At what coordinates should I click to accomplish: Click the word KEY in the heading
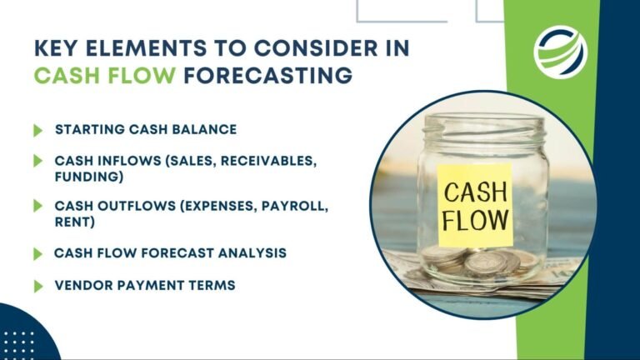click(x=57, y=47)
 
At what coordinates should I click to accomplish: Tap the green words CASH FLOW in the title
click(x=105, y=76)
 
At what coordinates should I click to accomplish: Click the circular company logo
click(x=560, y=49)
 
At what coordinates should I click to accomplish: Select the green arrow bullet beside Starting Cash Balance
click(x=37, y=130)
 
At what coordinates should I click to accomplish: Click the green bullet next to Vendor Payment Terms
click(x=37, y=286)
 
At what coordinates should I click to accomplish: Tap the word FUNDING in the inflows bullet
click(x=86, y=177)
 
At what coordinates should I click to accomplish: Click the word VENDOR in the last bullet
click(x=82, y=285)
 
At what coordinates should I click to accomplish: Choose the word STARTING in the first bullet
click(x=91, y=130)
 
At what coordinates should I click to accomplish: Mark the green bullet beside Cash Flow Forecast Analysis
click(x=37, y=253)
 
